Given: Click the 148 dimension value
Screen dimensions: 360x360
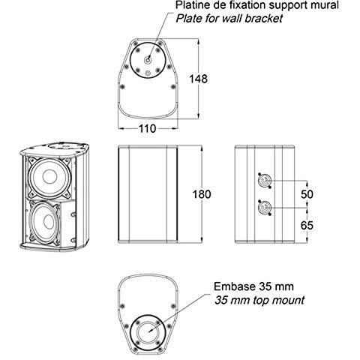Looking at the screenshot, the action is pyautogui.click(x=198, y=79).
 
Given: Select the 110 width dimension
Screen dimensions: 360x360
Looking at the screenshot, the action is pyautogui.click(x=147, y=129).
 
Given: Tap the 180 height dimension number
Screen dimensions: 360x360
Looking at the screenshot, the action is pyautogui.click(x=202, y=194).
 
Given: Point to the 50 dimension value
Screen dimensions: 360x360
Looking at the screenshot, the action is pyautogui.click(x=307, y=194).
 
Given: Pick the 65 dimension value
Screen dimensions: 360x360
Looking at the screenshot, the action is pyautogui.click(x=307, y=226).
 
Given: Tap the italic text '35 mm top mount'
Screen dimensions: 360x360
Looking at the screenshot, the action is pyautogui.click(x=259, y=300).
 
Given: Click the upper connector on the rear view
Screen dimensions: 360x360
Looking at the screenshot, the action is pyautogui.click(x=265, y=181).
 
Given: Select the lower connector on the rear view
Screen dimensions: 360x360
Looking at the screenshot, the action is pyautogui.click(x=265, y=208).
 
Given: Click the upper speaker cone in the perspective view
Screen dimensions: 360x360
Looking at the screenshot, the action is pyautogui.click(x=49, y=177).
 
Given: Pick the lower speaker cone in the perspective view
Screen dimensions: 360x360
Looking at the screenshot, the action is pyautogui.click(x=45, y=222).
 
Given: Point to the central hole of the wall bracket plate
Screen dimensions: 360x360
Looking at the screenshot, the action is pyautogui.click(x=148, y=60).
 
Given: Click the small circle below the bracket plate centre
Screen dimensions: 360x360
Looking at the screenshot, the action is pyautogui.click(x=148, y=73).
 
